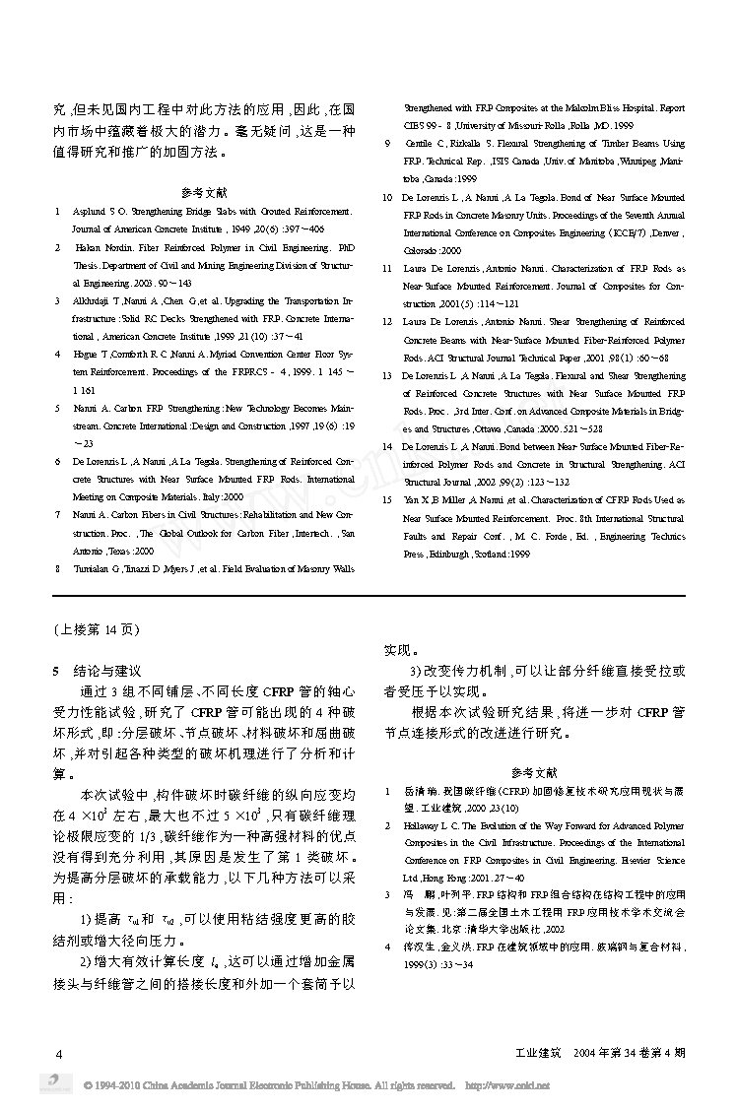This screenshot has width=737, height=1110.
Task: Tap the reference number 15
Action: tap(387, 499)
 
